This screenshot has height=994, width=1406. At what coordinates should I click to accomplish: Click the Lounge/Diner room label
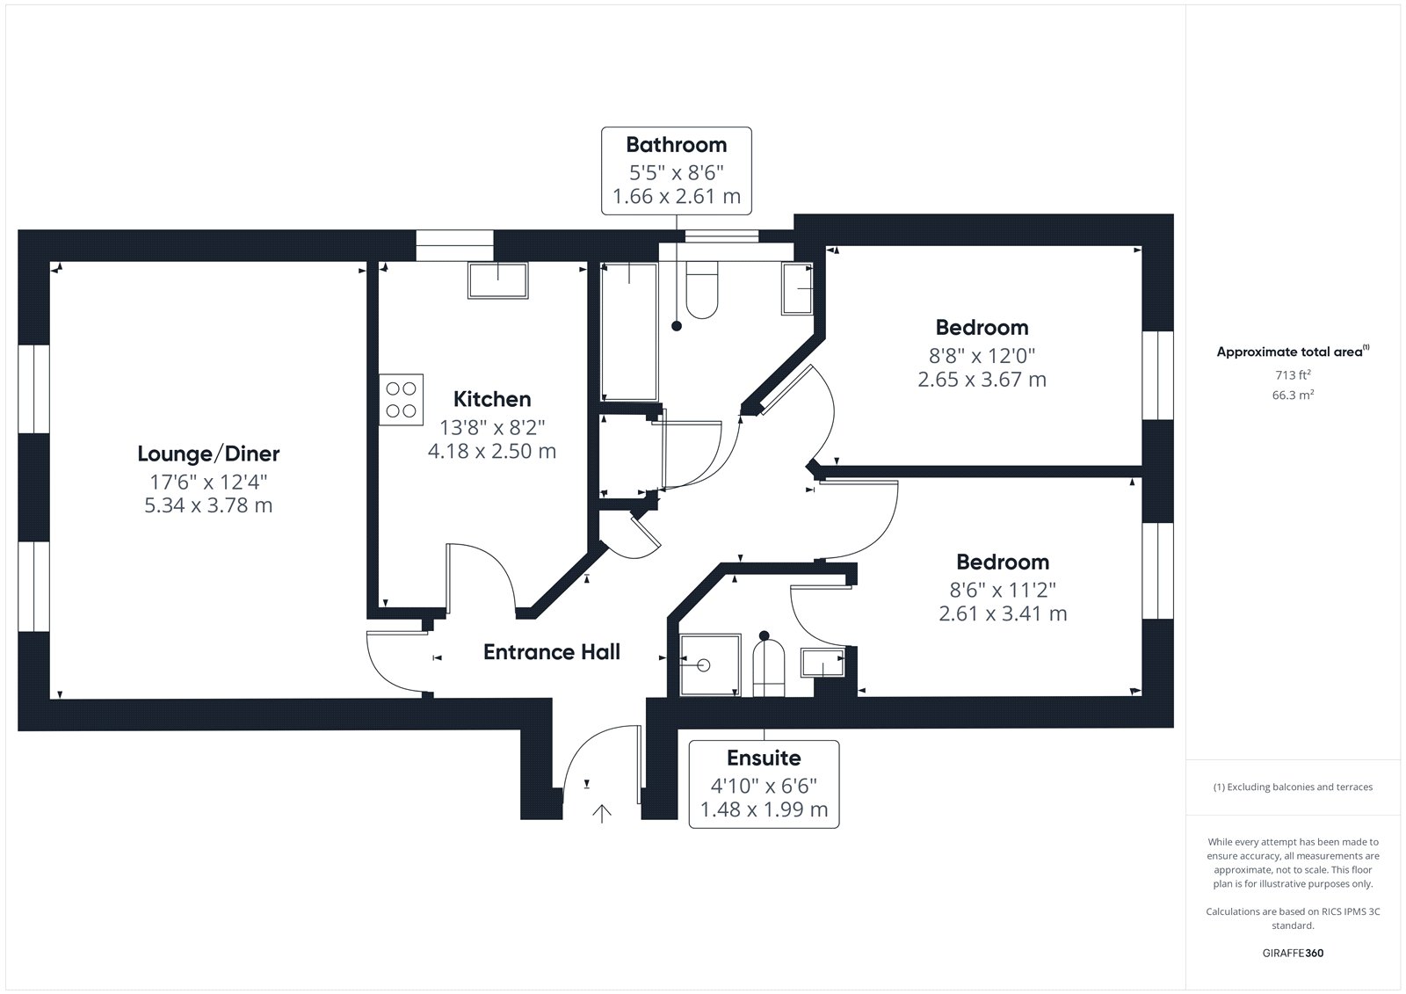click(208, 453)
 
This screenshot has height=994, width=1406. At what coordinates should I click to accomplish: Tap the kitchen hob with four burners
click(401, 399)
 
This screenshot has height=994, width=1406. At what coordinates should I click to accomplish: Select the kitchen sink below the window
click(497, 280)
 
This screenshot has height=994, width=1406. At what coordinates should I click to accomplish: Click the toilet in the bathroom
click(702, 289)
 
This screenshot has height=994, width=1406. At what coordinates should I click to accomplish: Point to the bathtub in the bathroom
click(629, 331)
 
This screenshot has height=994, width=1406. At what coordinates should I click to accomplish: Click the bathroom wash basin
click(797, 289)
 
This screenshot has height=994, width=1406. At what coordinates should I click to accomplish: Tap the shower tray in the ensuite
click(711, 665)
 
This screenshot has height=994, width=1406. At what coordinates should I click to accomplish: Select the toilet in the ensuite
click(768, 667)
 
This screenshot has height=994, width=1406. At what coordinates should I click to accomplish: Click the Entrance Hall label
click(552, 652)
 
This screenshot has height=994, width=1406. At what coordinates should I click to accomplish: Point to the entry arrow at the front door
click(601, 814)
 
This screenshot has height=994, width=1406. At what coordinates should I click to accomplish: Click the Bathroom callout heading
click(677, 144)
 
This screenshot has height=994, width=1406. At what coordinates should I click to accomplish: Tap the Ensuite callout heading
click(764, 758)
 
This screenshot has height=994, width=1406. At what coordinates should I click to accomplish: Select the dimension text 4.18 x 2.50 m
click(492, 451)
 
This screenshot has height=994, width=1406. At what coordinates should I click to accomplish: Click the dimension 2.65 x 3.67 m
click(982, 380)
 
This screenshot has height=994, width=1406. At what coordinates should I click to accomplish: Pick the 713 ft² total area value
click(1293, 375)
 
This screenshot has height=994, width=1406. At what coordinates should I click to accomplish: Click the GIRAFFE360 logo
click(1293, 953)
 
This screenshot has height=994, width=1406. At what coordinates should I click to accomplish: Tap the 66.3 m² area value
click(1293, 395)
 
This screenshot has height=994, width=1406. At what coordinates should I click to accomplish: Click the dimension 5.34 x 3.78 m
click(208, 504)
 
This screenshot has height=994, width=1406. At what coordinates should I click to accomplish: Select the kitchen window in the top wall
click(454, 245)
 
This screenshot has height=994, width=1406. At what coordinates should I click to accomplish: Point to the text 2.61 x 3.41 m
click(1003, 613)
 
